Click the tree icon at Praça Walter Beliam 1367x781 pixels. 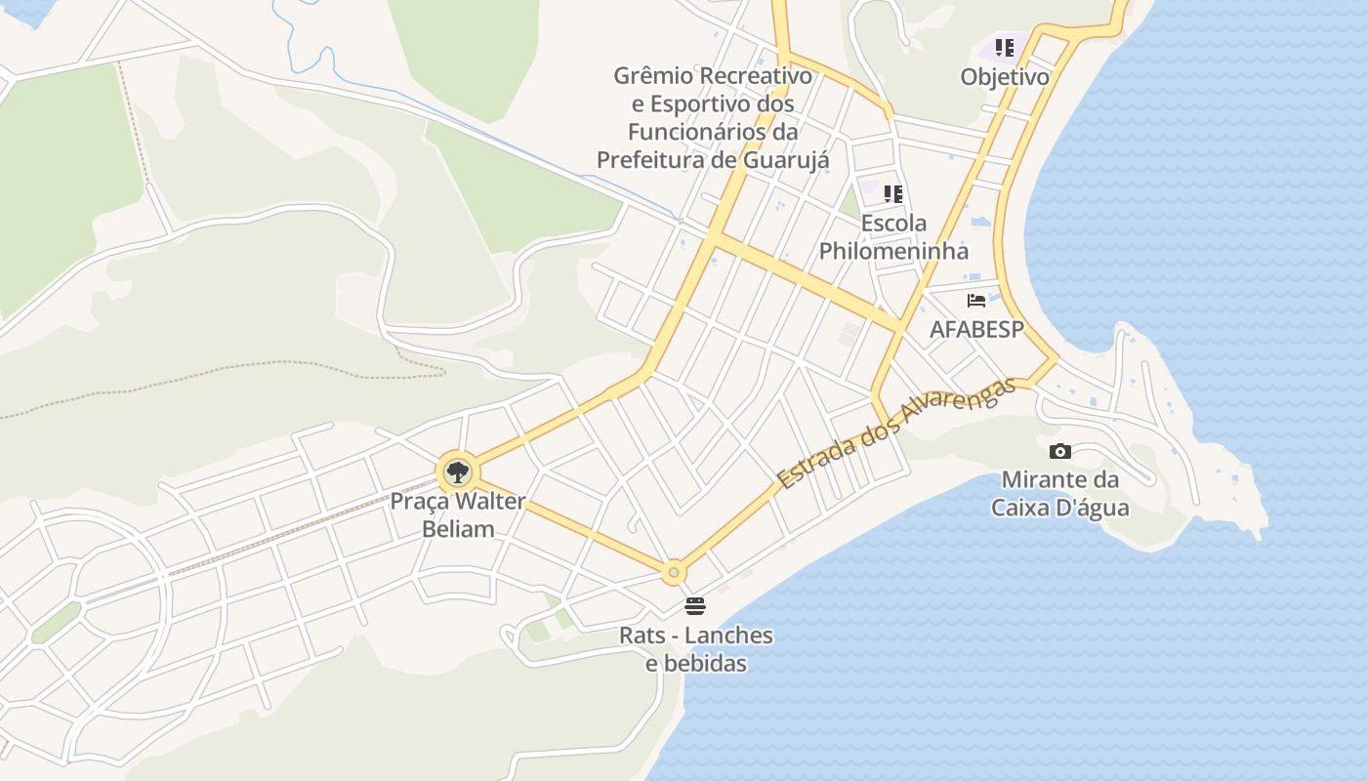coord(456,473)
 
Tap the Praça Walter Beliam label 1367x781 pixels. coord(458,515)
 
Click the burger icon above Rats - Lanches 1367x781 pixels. coord(695,606)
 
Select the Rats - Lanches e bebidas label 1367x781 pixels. coord(696,649)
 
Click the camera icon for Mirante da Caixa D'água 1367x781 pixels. coord(1059,451)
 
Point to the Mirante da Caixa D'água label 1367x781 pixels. coord(1059,494)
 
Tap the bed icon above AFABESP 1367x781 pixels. coord(976,301)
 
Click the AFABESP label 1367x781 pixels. coord(976,330)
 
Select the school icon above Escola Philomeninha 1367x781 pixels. coord(893,193)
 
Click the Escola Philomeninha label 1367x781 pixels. coord(893,237)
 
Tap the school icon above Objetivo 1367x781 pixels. coord(1005,47)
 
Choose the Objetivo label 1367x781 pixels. coord(1005,77)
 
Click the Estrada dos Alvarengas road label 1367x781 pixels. coord(895,433)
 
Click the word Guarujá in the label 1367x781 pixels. coord(787,159)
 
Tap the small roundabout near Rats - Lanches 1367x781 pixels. coord(673,572)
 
